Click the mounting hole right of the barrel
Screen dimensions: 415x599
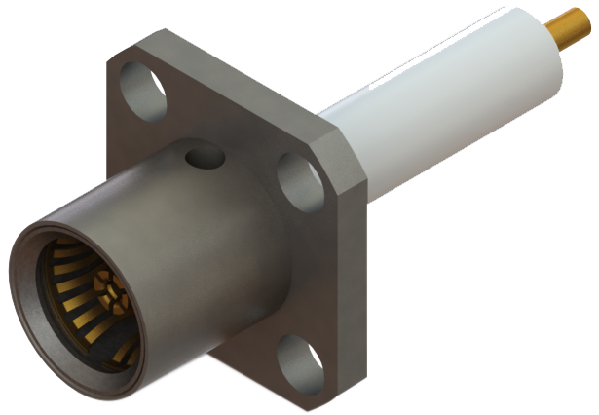click(300, 179)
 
